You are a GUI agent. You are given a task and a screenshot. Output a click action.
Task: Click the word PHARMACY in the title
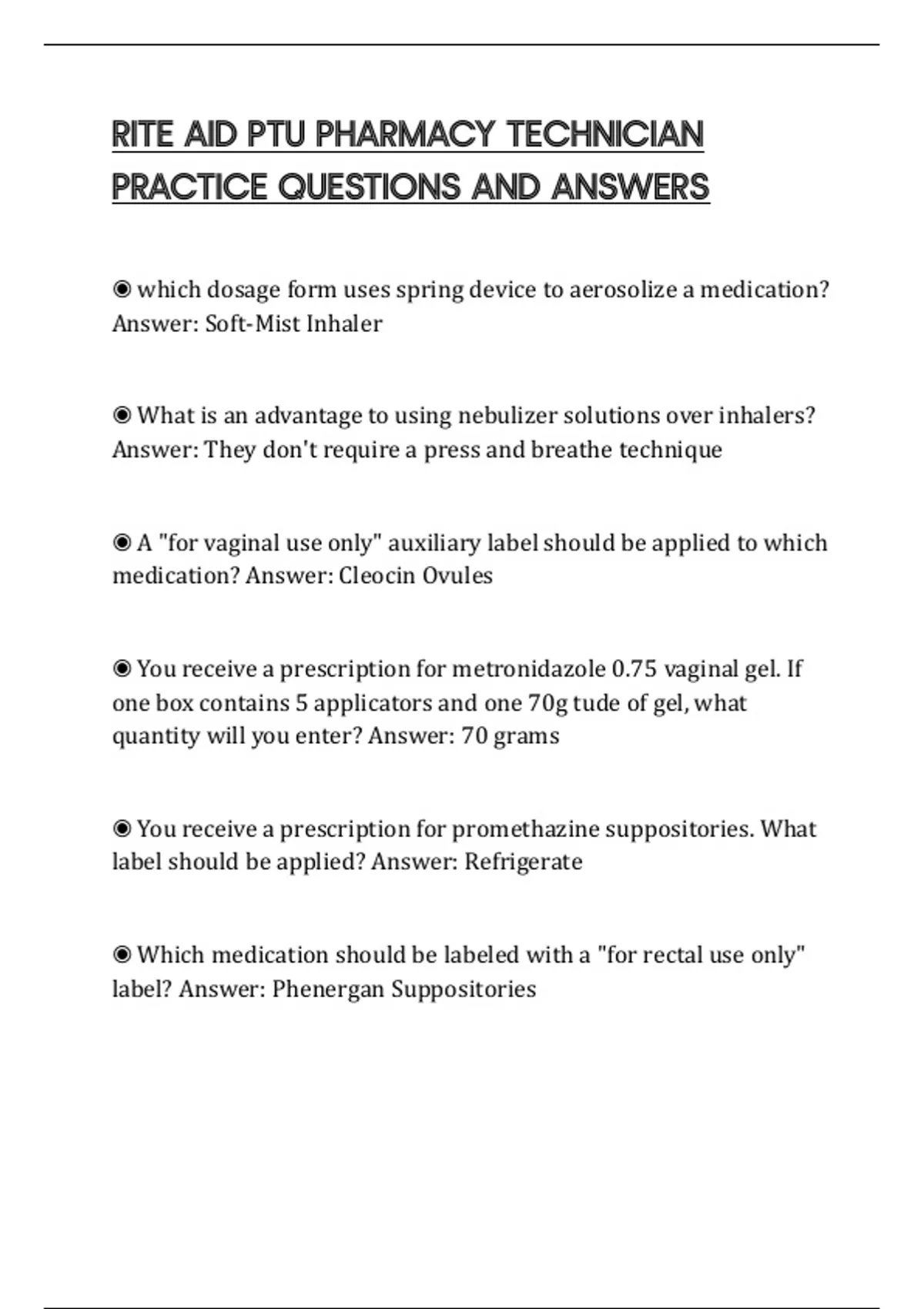[x=404, y=135]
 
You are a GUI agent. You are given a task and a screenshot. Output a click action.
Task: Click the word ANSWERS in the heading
[x=630, y=187]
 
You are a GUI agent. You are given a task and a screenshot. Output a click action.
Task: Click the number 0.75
[x=634, y=668]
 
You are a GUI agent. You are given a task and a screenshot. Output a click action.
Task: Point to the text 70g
[x=547, y=702]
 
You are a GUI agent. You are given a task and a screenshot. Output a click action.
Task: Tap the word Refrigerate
[x=523, y=862]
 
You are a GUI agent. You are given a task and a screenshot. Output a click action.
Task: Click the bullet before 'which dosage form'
[x=122, y=290]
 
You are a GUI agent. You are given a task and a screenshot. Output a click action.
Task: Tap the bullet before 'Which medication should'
[x=122, y=956]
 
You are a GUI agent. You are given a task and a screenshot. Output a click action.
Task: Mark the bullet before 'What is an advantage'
[x=122, y=416]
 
